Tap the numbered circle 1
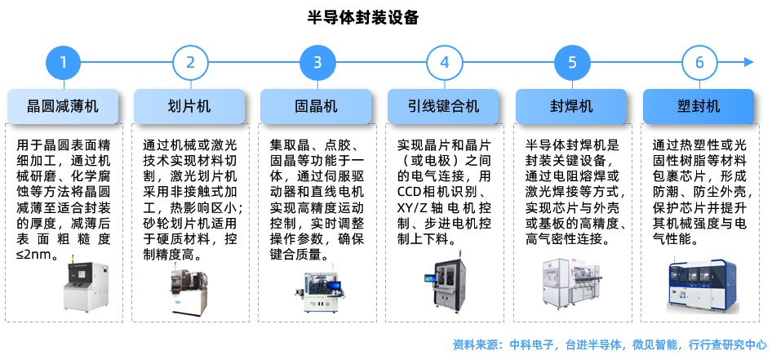(64, 62)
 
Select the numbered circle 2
(191, 62)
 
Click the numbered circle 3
(317, 62)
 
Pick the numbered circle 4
(445, 62)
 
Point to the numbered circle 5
(572, 62)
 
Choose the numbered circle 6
(699, 62)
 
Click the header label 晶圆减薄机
(64, 106)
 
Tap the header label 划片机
(189, 106)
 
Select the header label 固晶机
(317, 106)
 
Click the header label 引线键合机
(444, 106)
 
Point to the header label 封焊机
(571, 106)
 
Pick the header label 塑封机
(699, 106)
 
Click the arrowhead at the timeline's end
(748, 62)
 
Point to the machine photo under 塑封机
(702, 286)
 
